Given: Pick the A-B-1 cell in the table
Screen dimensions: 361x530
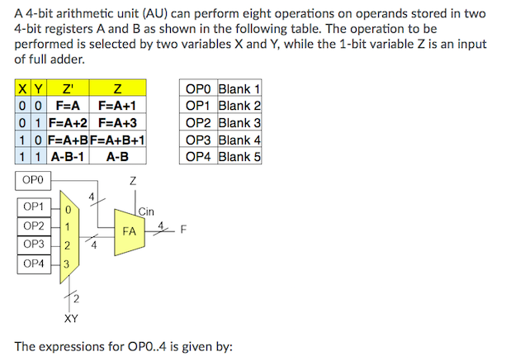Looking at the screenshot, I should [67, 155].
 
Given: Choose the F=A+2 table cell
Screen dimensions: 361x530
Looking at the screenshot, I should [67, 122].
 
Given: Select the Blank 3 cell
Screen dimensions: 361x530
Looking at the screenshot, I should [239, 123].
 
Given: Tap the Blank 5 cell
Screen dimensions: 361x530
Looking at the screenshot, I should [239, 156].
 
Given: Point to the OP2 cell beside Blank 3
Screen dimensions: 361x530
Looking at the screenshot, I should [198, 123].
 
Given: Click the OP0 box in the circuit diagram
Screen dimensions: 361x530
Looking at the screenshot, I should [34, 179].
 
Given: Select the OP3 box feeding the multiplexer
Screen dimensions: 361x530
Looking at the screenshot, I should [34, 245].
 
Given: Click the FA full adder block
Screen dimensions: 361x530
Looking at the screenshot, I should [129, 231].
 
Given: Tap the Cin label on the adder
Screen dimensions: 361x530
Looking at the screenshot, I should [146, 211].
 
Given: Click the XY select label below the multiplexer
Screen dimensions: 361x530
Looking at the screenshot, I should [72, 316].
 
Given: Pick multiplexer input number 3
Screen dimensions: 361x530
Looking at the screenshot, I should [68, 264].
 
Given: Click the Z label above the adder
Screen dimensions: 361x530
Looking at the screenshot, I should [133, 179].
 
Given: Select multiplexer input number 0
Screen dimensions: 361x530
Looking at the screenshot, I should [68, 208].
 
